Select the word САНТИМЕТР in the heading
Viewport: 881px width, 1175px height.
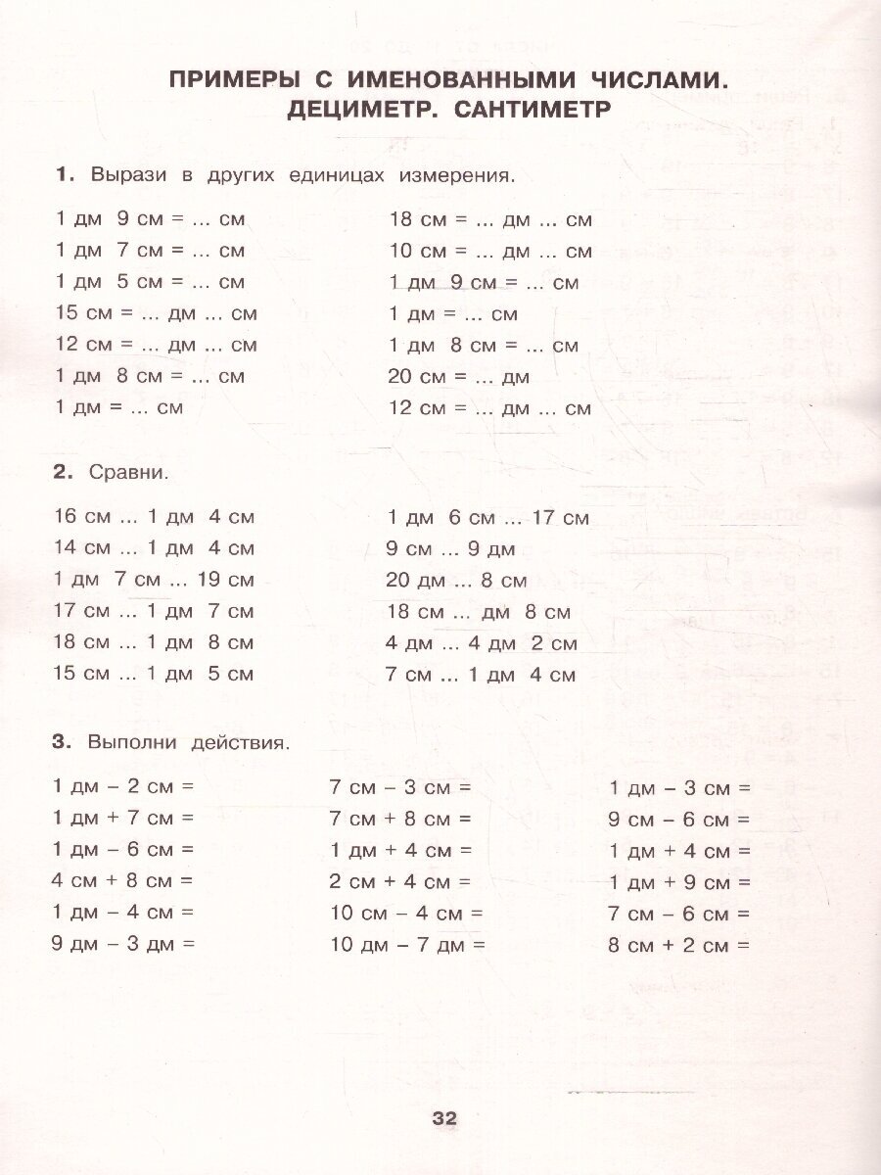coord(533,110)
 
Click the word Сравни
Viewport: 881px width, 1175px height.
coord(128,472)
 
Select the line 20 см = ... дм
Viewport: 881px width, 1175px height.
coord(459,377)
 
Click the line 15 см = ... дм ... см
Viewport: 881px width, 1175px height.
coord(157,313)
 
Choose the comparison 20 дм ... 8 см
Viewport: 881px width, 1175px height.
coord(456,581)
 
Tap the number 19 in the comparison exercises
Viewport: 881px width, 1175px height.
coord(211,580)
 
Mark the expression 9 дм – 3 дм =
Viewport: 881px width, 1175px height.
coord(123,944)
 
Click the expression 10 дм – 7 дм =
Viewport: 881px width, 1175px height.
coord(407,945)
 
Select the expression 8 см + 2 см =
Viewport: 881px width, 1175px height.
coord(678,945)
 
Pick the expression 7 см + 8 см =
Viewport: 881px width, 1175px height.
coord(400,819)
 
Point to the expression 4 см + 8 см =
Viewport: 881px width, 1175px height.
coord(122,880)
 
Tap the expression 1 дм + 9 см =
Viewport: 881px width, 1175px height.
coord(679,882)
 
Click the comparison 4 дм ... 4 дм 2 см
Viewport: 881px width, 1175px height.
coord(482,643)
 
